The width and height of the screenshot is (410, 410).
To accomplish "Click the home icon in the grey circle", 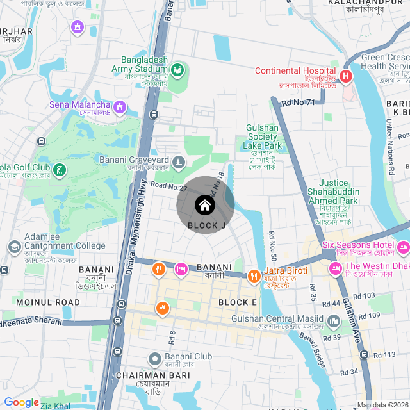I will click(204, 205).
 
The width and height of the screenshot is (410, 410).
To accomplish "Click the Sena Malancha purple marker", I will click(120, 104).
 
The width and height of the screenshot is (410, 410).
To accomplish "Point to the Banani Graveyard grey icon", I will click(179, 160).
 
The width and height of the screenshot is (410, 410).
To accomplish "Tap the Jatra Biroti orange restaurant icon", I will click(254, 275).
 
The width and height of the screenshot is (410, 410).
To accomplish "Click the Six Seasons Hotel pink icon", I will click(403, 246).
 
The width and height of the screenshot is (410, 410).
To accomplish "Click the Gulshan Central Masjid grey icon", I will click(332, 320).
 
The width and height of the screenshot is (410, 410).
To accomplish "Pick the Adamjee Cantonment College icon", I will click(14, 246).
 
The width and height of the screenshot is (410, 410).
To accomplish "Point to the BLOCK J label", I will click(207, 225).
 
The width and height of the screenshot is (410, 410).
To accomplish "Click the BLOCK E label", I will click(238, 302).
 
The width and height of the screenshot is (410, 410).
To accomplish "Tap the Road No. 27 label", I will click(168, 186).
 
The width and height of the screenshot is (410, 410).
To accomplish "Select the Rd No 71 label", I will click(299, 102).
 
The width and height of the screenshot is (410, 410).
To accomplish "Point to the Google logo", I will click(21, 402).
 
